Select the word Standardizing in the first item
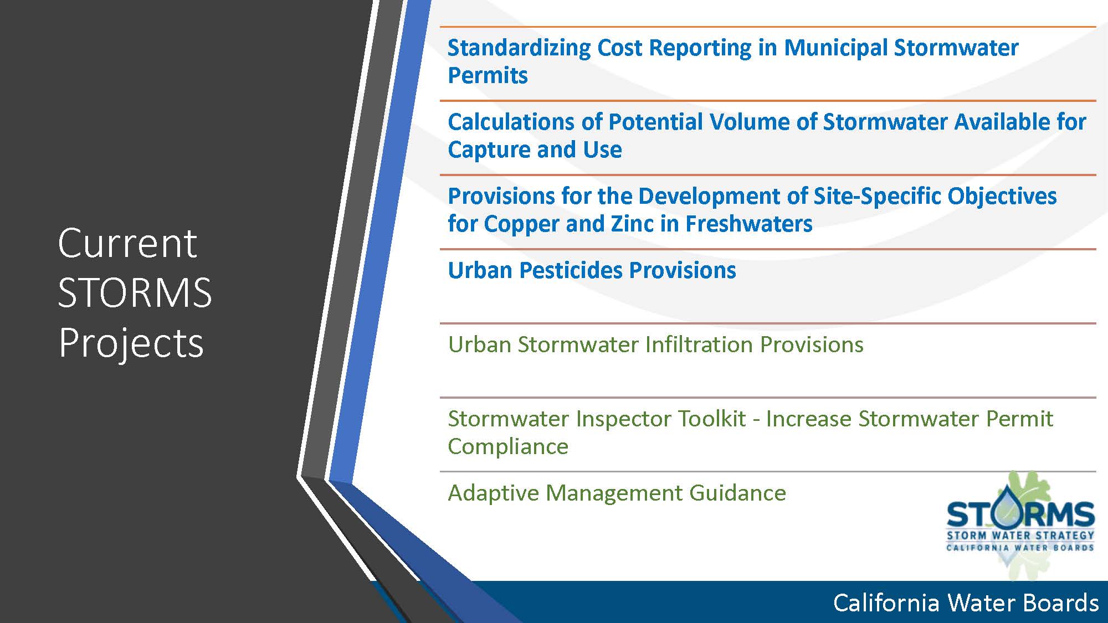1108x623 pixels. point(519,48)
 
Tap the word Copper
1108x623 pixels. point(520,224)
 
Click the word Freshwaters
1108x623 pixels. point(749,224)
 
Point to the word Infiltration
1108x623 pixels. point(699,344)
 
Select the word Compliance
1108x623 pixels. point(508,447)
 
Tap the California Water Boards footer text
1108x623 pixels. point(966,603)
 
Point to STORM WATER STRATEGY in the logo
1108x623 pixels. point(1020,536)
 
